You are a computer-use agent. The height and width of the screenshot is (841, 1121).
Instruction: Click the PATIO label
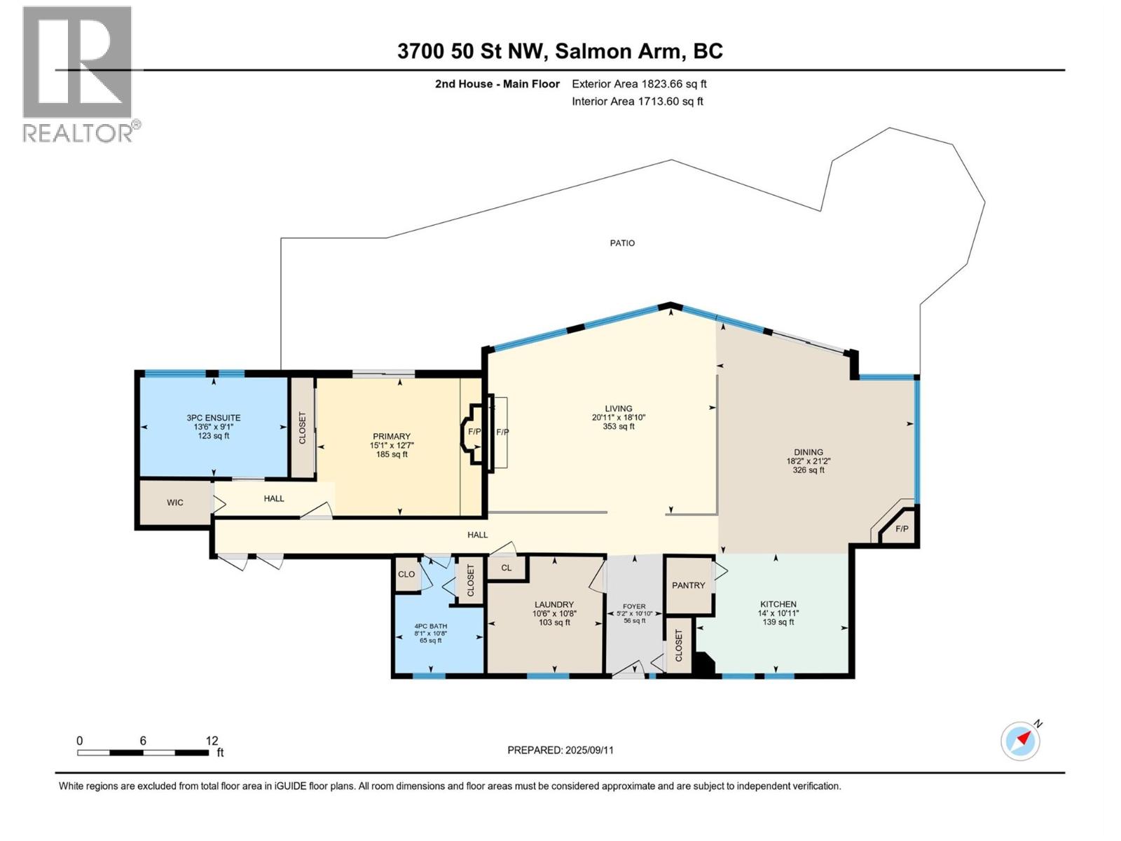[x=622, y=243]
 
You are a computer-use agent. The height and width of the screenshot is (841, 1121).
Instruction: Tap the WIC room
[x=175, y=502]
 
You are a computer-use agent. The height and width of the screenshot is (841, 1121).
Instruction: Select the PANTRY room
[x=688, y=585]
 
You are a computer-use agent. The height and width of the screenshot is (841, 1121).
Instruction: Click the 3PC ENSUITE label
[x=214, y=418]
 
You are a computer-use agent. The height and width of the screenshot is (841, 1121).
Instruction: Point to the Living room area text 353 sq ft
[x=619, y=426]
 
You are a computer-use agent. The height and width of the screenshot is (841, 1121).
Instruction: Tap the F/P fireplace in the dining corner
[x=902, y=528]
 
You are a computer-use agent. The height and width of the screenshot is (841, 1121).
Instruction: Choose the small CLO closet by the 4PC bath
[x=406, y=574]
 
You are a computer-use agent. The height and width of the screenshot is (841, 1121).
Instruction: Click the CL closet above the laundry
[x=506, y=568]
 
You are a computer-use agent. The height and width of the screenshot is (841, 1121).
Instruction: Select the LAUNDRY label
[x=554, y=604]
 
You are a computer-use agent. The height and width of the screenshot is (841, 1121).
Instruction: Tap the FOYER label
[x=634, y=606]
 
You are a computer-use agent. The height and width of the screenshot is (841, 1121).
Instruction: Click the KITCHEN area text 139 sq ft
[x=778, y=622]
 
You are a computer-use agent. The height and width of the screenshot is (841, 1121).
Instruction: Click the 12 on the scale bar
[x=212, y=741]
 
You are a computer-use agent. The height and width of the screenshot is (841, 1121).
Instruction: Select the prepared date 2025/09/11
[x=589, y=750]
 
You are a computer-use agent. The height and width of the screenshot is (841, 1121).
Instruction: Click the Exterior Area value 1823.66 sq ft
[x=673, y=84]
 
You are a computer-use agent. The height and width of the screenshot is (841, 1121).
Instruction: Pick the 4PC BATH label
[x=430, y=626]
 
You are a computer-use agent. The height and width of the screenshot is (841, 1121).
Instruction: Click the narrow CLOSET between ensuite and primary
[x=303, y=428]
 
